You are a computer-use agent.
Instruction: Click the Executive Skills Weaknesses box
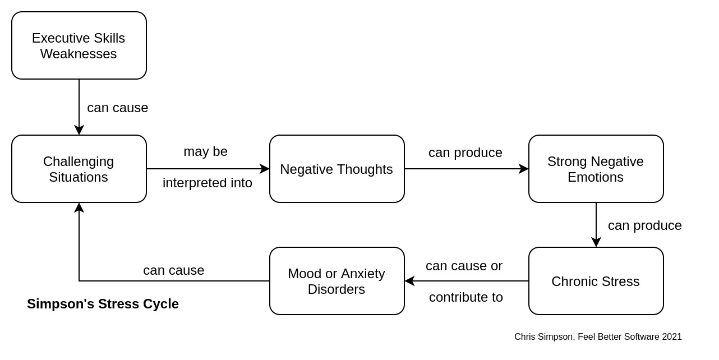79,45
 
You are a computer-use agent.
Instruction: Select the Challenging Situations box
79,169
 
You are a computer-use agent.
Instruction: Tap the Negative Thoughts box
337,169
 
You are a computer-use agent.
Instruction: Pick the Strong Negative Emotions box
596,169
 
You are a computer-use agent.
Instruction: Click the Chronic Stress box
596,281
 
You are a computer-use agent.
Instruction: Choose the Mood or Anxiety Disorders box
337,281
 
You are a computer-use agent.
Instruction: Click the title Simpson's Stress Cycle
103,304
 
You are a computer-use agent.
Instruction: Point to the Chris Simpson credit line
598,337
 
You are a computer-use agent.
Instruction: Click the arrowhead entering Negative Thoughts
265,169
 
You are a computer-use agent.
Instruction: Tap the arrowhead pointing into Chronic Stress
596,242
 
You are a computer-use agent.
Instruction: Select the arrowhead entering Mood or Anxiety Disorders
409,281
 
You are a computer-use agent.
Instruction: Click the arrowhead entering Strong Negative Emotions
524,169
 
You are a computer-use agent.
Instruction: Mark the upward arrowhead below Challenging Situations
79,208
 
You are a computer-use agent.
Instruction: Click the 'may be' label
205,151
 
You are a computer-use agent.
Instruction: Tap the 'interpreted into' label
208,183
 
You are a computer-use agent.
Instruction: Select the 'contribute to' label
466,297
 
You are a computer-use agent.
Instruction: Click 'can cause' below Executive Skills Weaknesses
117,108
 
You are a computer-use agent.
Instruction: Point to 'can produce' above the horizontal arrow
465,153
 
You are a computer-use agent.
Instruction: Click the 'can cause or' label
464,266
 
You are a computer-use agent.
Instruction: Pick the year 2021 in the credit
672,337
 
